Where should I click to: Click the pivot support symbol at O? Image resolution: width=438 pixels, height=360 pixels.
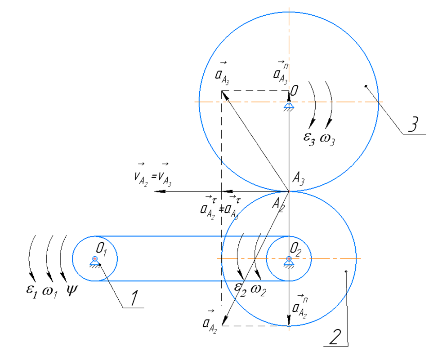[x=289, y=107]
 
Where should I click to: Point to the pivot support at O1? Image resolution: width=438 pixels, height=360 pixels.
[x=95, y=261]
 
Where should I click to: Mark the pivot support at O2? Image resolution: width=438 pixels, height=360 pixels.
[x=289, y=261]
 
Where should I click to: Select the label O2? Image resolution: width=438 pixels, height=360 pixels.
[x=296, y=248]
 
